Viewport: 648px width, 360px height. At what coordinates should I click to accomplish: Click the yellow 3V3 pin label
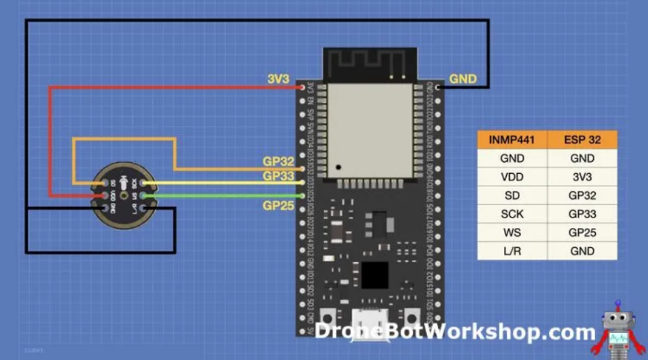coord(278,79)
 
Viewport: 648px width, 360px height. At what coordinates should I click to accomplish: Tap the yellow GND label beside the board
coord(463,79)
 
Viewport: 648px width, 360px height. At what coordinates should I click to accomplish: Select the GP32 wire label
coord(278,161)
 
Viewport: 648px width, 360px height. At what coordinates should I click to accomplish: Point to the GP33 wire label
coord(278,177)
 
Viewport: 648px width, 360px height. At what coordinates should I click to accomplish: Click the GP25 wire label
coord(278,206)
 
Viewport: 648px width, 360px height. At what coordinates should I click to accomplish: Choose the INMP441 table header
coord(512,140)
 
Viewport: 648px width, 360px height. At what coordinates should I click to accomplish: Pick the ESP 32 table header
coord(581,140)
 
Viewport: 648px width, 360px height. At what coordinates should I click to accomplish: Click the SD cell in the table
coord(512,195)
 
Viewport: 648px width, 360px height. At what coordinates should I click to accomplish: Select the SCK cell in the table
coord(512,214)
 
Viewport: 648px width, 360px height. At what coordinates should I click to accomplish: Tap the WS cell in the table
coord(512,232)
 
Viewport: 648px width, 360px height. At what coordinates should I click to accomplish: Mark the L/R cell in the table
coord(512,251)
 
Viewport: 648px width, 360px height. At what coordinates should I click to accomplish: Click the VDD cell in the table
coord(512,177)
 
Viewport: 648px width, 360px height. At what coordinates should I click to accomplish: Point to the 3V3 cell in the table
coord(581,177)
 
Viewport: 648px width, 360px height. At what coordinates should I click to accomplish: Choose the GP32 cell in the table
coord(581,195)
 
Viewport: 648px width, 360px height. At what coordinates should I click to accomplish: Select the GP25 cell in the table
coord(581,232)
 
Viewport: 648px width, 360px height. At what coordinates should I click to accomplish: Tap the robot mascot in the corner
coord(617,327)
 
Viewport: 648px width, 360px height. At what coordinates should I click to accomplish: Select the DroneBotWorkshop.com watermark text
coord(455,332)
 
